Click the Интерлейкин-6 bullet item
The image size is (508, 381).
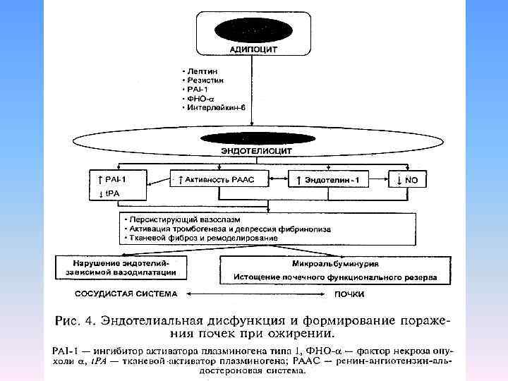pos(213,107)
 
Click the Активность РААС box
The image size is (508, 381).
pos(220,180)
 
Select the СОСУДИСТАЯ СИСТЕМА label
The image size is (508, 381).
pos(127,293)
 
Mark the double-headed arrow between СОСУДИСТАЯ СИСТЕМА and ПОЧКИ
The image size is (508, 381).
pos(253,294)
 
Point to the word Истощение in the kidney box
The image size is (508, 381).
pos(260,277)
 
